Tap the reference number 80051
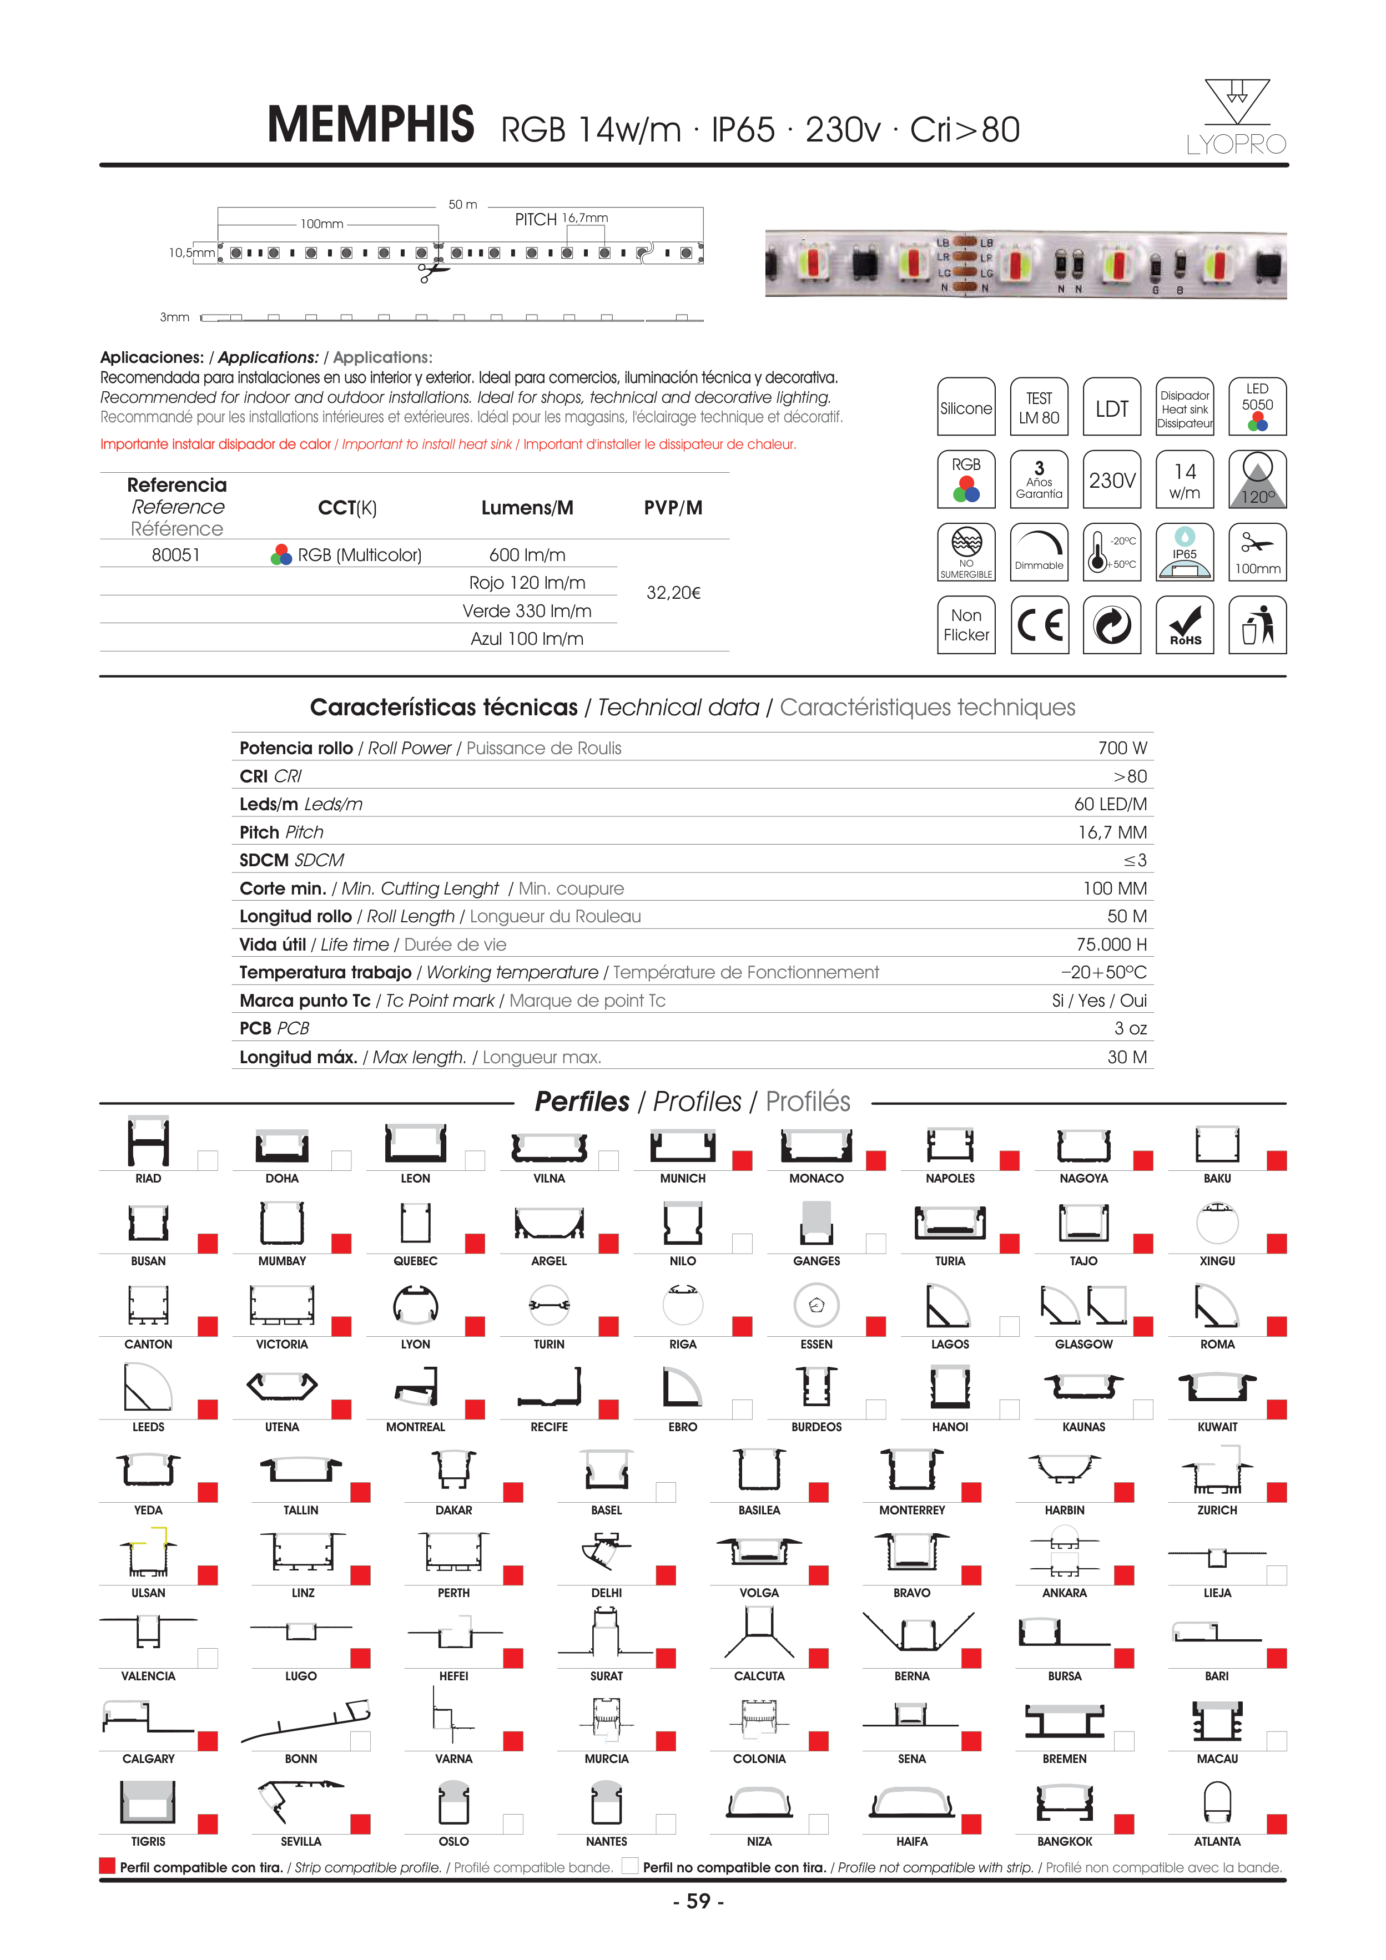point(176,555)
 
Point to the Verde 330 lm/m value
point(527,611)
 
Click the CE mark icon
point(1039,625)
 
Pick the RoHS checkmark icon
point(1185,625)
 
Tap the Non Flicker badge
point(966,625)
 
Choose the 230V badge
point(1112,480)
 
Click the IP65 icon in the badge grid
point(1185,552)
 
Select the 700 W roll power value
point(1122,749)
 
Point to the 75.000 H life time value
point(1111,944)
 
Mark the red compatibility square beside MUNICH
point(742,1160)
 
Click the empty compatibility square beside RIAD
point(208,1160)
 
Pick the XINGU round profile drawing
point(1217,1223)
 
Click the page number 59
point(698,1901)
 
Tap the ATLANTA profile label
point(1217,1841)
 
